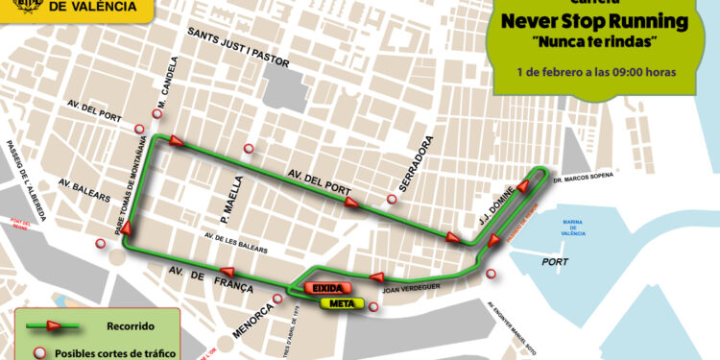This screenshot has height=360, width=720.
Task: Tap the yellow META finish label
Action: pyautogui.click(x=337, y=304)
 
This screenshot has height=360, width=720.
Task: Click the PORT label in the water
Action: pyautogui.click(x=556, y=260)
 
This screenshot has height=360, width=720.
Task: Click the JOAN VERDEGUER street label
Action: pyautogui.click(x=410, y=285)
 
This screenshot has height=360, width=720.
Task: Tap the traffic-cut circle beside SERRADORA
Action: pyautogui.click(x=392, y=200)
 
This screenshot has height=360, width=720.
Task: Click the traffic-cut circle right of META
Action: pyautogui.click(x=374, y=307)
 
